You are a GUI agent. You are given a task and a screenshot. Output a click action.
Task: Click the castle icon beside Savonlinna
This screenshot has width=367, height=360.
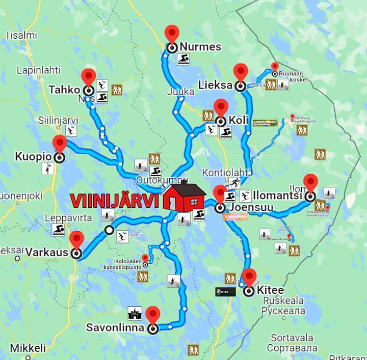click(x=135, y=313)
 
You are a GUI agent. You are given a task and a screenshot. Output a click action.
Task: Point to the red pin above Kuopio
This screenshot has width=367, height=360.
click(x=60, y=144)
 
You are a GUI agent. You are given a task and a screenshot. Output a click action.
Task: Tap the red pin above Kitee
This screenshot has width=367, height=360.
click(x=249, y=278)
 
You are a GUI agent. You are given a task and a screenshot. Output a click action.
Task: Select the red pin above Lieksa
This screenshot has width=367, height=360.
click(x=241, y=72)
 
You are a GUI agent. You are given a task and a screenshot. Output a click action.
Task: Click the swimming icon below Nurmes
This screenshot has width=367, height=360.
click(x=183, y=60)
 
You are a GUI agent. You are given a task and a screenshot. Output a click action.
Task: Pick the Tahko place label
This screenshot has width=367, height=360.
click(x=64, y=90)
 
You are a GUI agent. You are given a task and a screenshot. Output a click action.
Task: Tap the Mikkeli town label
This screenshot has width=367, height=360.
click(x=28, y=348)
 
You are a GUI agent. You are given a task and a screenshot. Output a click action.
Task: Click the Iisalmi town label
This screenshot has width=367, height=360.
click(x=22, y=35)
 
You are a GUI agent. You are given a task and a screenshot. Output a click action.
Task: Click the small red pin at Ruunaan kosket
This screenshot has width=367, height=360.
click(x=275, y=67)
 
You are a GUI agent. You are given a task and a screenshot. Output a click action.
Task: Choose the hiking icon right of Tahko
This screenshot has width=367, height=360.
click(x=117, y=90)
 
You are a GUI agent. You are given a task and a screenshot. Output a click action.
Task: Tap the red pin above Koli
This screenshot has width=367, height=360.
click(x=221, y=107)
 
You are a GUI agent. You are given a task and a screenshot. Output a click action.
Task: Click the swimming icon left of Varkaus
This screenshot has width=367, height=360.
click(x=59, y=230)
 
